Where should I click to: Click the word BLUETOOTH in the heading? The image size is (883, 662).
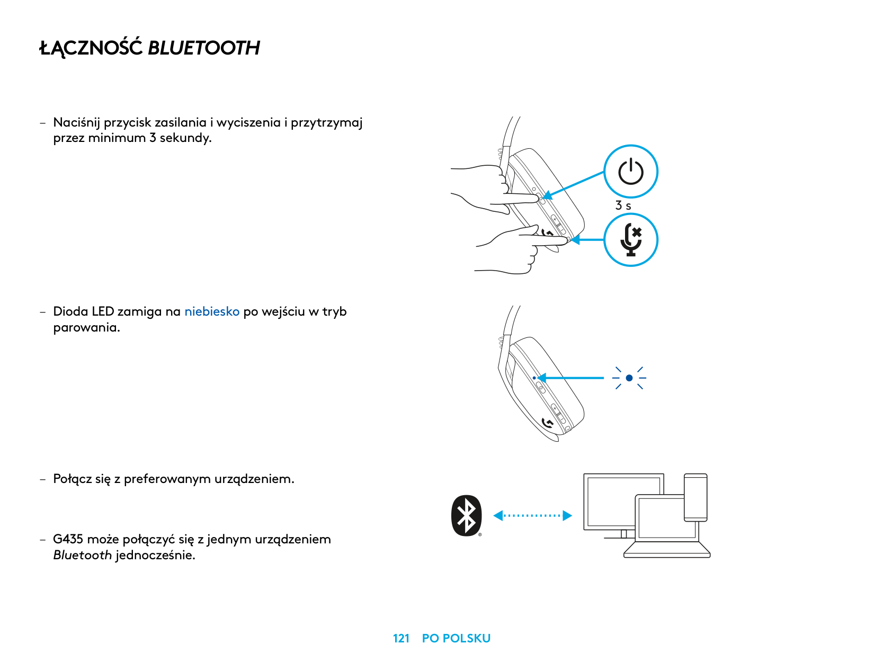tap(204, 48)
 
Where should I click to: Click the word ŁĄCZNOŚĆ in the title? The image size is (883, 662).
tap(91, 48)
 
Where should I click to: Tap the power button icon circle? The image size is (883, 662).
tap(630, 172)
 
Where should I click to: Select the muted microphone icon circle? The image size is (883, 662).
tap(630, 240)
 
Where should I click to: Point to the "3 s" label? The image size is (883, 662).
tap(623, 205)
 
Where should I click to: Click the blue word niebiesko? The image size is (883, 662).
tap(212, 311)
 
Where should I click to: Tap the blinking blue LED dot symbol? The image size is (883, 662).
tap(629, 378)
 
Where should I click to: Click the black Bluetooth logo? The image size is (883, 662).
tap(467, 516)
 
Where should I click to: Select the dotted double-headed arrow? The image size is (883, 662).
tap(532, 515)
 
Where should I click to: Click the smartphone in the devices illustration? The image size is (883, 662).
tap(695, 497)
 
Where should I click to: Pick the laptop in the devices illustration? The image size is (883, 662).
tap(666, 527)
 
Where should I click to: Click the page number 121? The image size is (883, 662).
tap(401, 638)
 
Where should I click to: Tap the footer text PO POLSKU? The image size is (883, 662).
tap(456, 638)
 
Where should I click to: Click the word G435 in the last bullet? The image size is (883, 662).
tap(68, 539)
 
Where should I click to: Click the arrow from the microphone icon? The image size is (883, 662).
tap(587, 240)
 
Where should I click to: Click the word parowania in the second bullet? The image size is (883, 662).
tap(86, 327)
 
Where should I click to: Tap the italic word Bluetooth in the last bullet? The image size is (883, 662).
tap(82, 555)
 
